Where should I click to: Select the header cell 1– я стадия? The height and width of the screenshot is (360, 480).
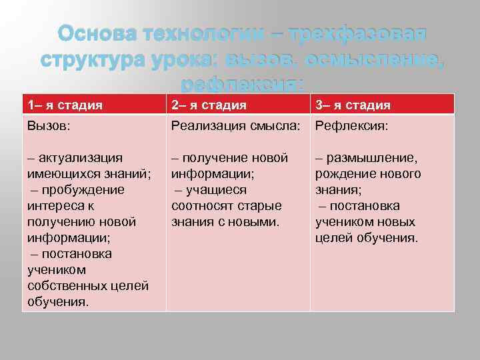pos(65,105)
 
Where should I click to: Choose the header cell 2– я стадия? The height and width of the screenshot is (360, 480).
pos(209,105)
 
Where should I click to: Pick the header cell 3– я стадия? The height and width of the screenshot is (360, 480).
pos(353,105)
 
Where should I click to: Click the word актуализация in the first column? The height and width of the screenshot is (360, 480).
pos(80,158)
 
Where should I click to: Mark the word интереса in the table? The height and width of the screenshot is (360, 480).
pos(54,206)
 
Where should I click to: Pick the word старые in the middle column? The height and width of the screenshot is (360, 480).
pos(261,206)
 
